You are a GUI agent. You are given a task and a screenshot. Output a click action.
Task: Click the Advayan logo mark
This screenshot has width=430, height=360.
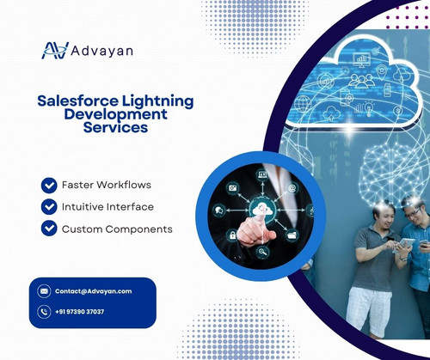click(54, 51)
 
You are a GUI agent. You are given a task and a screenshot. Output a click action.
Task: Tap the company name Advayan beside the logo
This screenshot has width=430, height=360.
click(101, 51)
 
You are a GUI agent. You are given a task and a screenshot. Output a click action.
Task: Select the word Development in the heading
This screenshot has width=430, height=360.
click(116, 114)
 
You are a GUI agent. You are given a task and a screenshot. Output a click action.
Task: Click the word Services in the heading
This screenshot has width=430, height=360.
click(116, 128)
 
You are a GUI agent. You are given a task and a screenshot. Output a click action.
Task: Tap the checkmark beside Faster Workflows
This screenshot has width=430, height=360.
click(49, 185)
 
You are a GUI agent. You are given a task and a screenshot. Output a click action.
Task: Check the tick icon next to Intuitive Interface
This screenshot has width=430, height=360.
click(49, 207)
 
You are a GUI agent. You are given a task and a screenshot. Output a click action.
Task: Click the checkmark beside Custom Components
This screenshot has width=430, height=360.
click(49, 229)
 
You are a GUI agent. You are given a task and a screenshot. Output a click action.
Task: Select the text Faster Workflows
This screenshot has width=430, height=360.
click(107, 185)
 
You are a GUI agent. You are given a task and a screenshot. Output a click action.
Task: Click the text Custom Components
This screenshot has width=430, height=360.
click(117, 229)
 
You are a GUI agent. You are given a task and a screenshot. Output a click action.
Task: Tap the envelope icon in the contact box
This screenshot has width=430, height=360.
click(44, 291)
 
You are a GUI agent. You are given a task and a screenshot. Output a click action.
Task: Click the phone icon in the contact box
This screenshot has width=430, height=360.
click(44, 312)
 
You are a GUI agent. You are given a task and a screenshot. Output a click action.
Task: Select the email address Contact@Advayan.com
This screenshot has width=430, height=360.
click(93, 291)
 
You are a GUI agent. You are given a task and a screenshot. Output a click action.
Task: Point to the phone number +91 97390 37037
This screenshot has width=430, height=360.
click(80, 312)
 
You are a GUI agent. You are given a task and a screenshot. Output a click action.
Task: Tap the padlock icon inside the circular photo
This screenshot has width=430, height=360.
click(232, 235)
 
